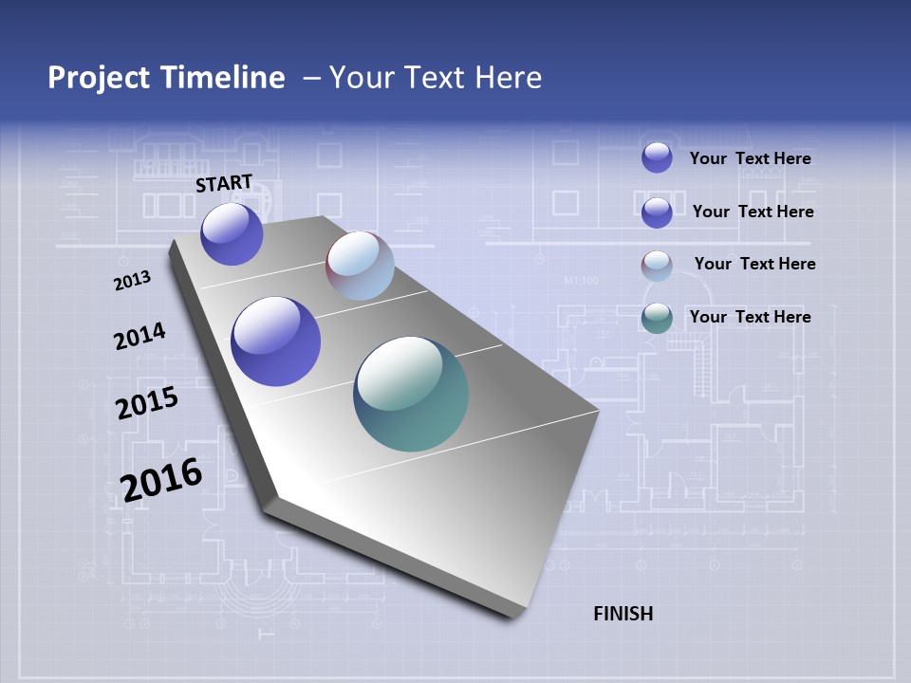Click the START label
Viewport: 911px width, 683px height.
224,182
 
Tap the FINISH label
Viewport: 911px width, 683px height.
623,614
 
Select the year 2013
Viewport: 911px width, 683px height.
132,280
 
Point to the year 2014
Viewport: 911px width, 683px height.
139,336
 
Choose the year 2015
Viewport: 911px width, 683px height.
146,403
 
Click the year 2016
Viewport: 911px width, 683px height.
161,479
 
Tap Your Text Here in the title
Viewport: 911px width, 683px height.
436,78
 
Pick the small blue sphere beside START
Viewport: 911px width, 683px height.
232,233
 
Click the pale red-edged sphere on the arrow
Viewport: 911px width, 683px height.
360,266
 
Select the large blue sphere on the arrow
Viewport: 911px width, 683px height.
276,341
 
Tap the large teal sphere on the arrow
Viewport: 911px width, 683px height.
411,394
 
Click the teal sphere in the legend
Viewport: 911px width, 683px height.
657,318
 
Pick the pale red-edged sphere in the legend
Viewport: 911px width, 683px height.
657,266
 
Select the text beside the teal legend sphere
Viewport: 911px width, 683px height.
750,317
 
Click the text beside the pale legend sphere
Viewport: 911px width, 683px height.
754,264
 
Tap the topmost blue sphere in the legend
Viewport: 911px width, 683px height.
657,157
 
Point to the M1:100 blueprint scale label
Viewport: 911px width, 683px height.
581,281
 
